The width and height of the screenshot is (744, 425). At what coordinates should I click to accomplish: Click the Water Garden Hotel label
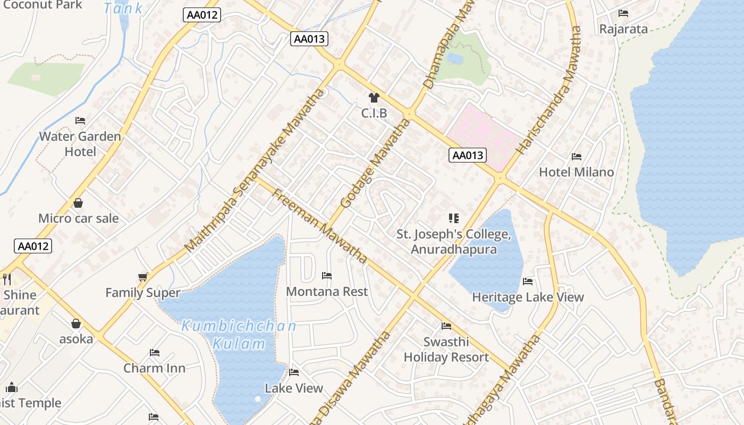click(x=80, y=144)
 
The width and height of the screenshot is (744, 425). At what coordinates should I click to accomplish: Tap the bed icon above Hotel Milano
click(x=576, y=157)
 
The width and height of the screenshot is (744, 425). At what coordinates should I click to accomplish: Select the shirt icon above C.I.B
click(x=374, y=98)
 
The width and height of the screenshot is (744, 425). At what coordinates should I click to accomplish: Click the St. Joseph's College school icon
click(x=453, y=218)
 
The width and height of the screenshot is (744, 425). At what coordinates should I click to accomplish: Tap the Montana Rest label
click(x=327, y=292)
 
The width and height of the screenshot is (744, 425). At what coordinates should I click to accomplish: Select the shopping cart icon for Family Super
click(x=142, y=277)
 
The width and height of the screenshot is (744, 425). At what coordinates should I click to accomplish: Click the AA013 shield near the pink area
click(x=468, y=155)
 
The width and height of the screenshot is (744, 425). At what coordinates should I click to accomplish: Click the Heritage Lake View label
click(x=528, y=297)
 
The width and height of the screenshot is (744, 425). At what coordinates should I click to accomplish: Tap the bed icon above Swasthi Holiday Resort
click(x=446, y=326)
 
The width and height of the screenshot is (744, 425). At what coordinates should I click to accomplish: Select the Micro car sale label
click(x=79, y=218)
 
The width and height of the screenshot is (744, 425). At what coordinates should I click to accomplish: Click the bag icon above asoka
click(x=76, y=324)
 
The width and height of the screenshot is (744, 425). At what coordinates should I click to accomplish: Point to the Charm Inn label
click(x=154, y=368)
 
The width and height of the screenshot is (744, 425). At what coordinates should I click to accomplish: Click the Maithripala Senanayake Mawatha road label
click(x=255, y=170)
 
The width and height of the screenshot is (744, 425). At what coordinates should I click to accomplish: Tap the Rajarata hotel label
click(x=623, y=29)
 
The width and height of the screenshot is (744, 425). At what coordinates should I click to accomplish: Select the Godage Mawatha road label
click(x=375, y=163)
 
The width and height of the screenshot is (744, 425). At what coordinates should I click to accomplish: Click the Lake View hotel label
click(x=294, y=388)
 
